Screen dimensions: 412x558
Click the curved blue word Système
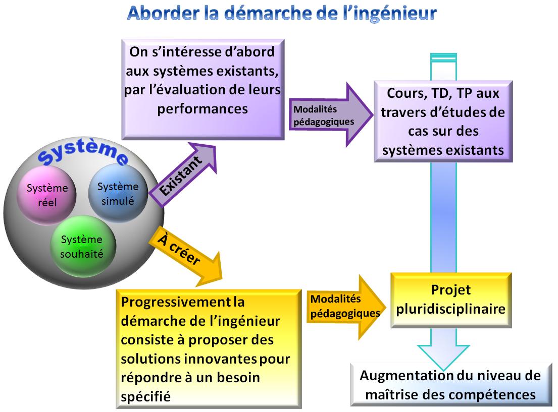tap(83, 153)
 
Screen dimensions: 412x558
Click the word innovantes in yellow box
tap(227, 359)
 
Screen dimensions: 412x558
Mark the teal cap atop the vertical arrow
tap(443, 56)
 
